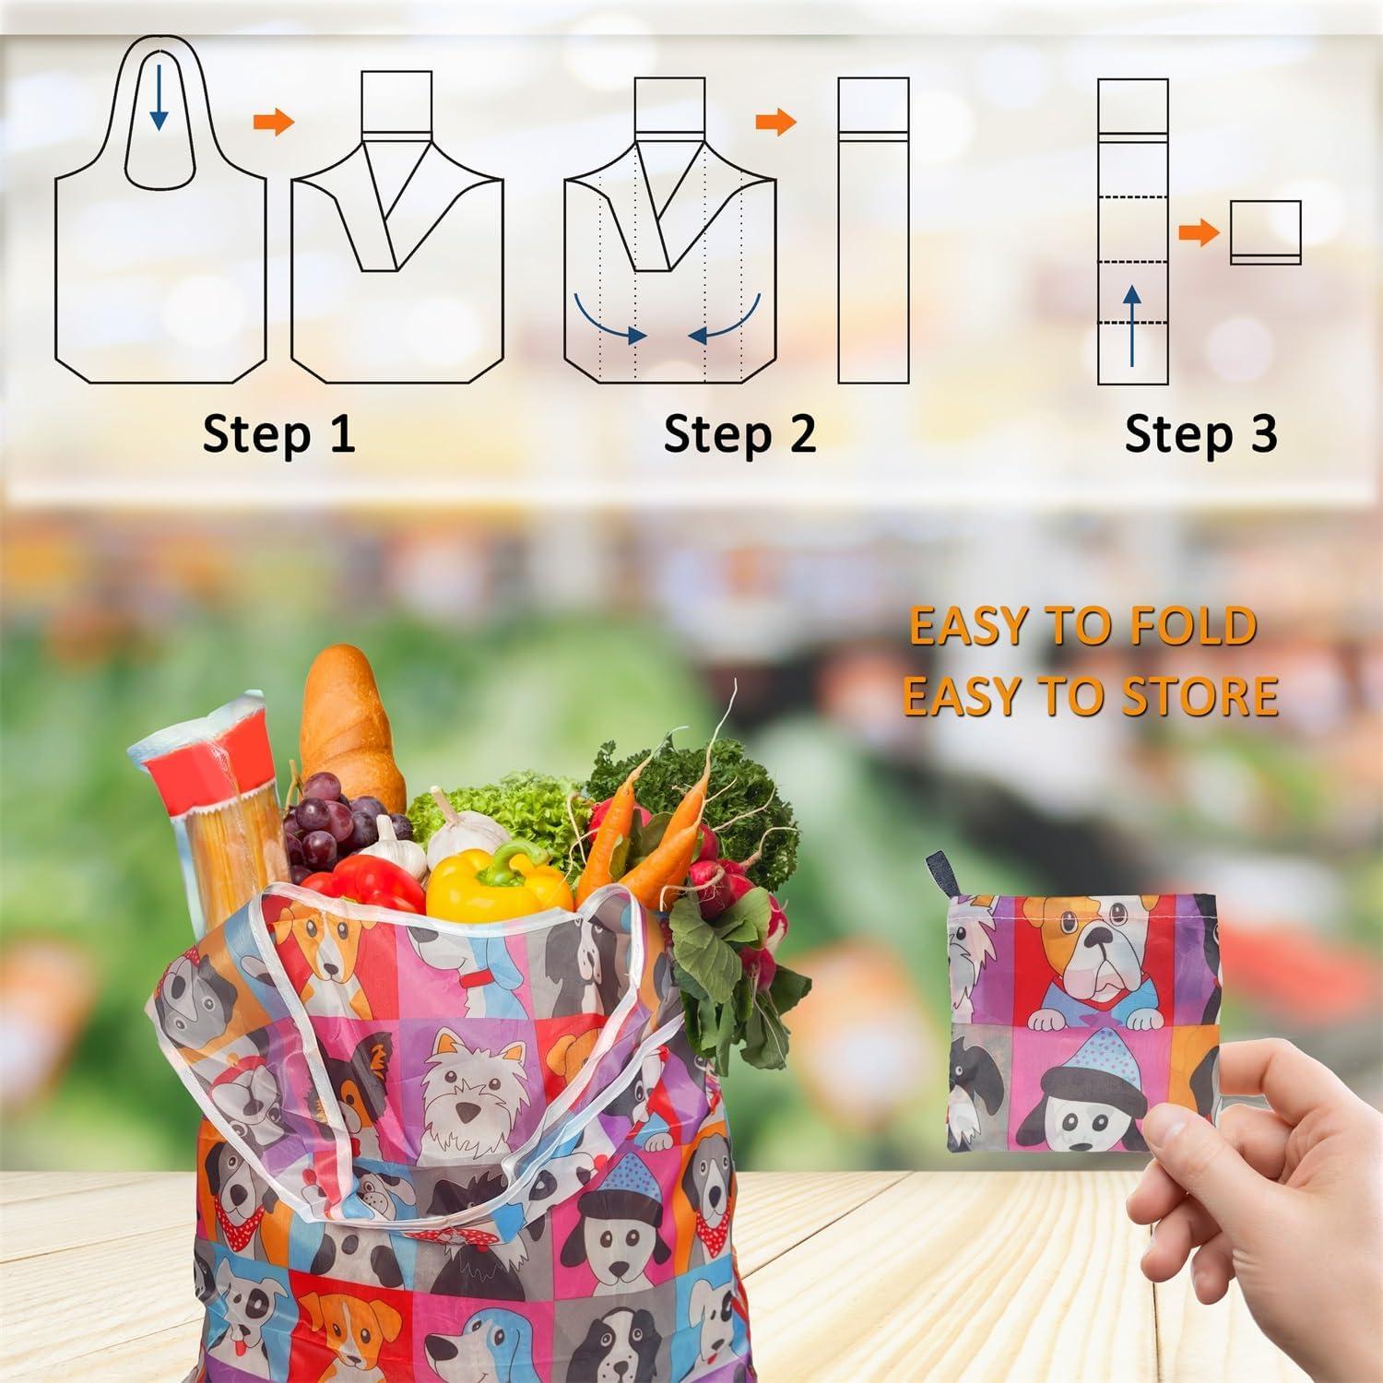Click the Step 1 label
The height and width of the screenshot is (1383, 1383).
278,433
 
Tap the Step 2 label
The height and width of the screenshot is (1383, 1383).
739,433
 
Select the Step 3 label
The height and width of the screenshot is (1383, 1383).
1200,433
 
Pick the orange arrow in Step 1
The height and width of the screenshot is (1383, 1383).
273,123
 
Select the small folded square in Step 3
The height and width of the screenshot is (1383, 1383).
1265,232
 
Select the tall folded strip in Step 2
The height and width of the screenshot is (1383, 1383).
873,230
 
